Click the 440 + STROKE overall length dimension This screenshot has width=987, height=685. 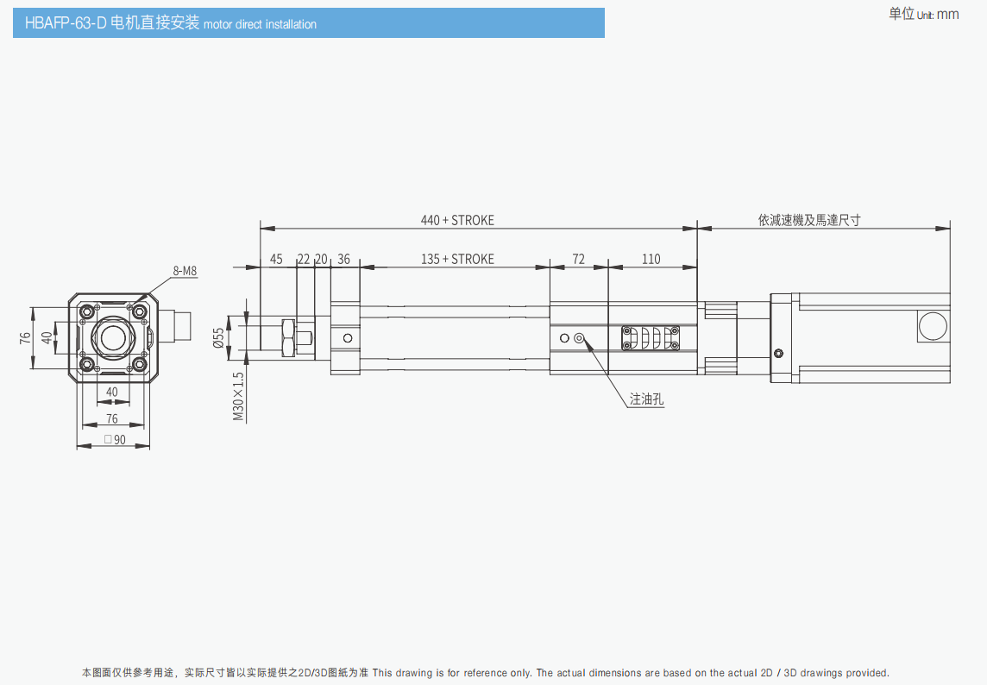click(x=457, y=220)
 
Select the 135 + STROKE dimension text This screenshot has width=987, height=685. click(x=457, y=259)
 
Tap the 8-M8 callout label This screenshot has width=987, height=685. click(x=185, y=271)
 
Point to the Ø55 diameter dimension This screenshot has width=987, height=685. click(x=219, y=337)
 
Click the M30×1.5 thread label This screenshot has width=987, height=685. click(x=239, y=396)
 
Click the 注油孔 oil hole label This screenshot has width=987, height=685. click(x=647, y=399)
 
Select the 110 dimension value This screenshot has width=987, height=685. click(x=651, y=259)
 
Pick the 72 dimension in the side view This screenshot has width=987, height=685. click(x=578, y=259)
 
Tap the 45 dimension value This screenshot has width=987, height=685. click(x=276, y=259)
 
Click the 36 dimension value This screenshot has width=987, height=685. click(x=343, y=259)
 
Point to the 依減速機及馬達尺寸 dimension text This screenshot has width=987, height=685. click(x=809, y=220)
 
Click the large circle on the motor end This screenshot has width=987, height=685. click(x=933, y=326)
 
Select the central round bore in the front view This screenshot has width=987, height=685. click(x=113, y=337)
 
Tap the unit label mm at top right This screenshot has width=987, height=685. click(x=947, y=14)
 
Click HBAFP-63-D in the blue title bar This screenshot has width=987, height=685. click(x=66, y=24)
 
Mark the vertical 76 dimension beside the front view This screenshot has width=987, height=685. click(x=25, y=337)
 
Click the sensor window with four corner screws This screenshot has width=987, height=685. click(x=650, y=338)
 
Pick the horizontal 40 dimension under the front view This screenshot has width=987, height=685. click(x=112, y=392)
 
